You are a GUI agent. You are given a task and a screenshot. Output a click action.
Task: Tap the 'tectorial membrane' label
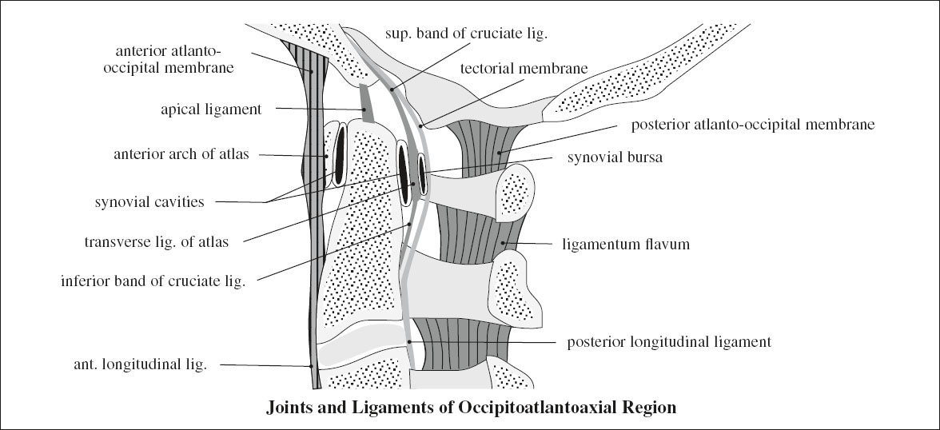tap(524, 69)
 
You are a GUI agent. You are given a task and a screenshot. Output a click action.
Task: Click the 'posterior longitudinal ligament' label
tap(668, 342)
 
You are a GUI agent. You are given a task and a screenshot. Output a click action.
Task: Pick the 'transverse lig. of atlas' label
tap(157, 241)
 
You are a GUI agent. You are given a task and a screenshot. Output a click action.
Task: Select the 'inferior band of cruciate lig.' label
tap(153, 281)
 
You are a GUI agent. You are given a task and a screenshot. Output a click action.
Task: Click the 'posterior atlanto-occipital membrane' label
tap(754, 125)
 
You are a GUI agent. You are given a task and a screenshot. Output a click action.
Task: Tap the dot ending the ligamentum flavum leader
tap(501, 244)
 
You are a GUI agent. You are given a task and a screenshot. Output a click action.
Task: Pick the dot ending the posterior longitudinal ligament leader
tap(410, 342)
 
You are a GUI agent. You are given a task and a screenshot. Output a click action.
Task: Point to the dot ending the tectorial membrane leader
tap(421, 125)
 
